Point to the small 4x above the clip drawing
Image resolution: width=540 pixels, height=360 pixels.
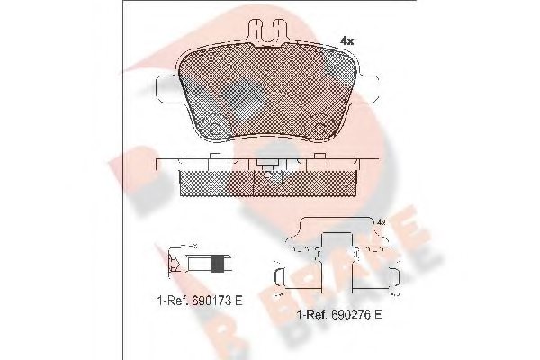pos(381,221)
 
